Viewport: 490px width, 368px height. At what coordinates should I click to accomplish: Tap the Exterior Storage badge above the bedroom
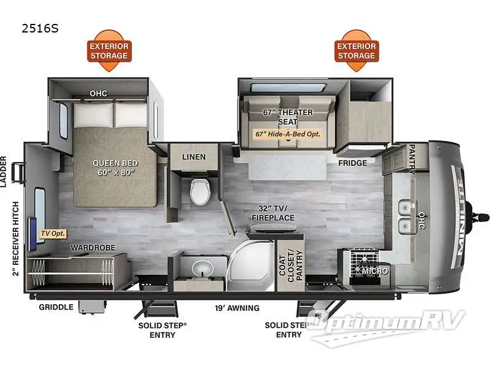click(109, 50)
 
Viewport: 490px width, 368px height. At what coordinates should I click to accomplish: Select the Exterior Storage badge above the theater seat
click(356, 50)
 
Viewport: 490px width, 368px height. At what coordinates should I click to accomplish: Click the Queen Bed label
click(115, 168)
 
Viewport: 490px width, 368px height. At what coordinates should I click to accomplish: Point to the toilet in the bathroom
click(199, 191)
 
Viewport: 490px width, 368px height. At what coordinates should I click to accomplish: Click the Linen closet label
click(194, 157)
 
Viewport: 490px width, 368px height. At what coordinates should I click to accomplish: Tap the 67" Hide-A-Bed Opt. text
click(288, 133)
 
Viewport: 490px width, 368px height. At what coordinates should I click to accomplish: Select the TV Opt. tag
click(53, 234)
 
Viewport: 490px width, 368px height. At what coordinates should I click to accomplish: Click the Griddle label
click(56, 307)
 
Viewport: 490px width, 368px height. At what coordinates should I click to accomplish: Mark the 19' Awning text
click(237, 308)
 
